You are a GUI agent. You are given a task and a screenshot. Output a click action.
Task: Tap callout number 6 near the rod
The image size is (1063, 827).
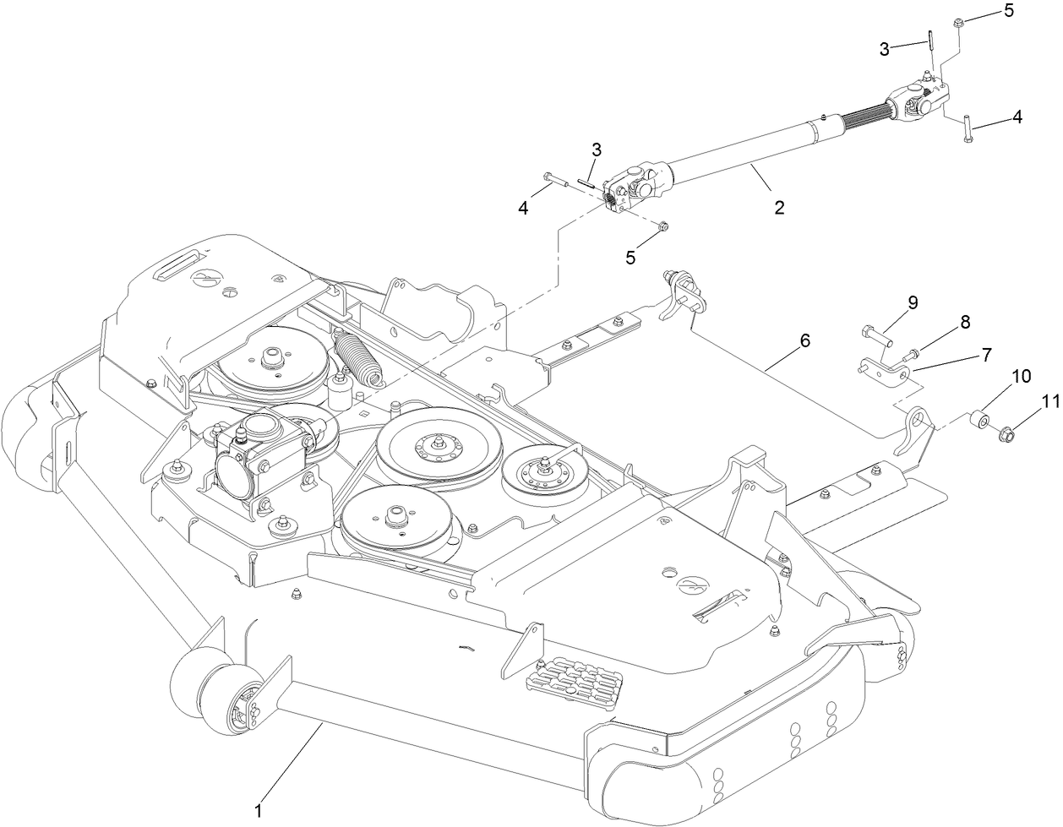click(804, 341)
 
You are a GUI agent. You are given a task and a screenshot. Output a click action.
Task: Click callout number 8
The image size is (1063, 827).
click(964, 322)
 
